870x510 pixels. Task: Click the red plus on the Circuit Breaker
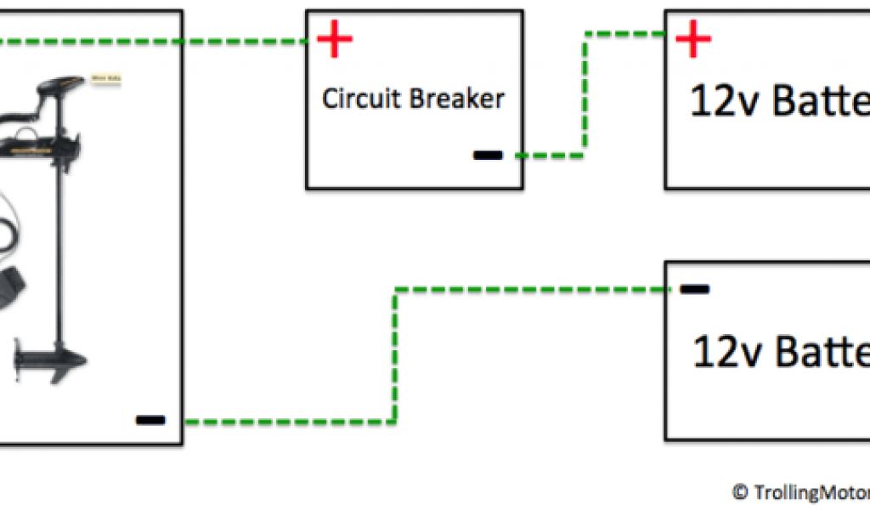pos(335,40)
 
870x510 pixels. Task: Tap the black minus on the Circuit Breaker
pos(488,156)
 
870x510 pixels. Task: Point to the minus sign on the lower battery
pos(695,289)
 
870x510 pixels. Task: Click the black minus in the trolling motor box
pos(150,419)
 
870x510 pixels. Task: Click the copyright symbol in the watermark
pos(739,491)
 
